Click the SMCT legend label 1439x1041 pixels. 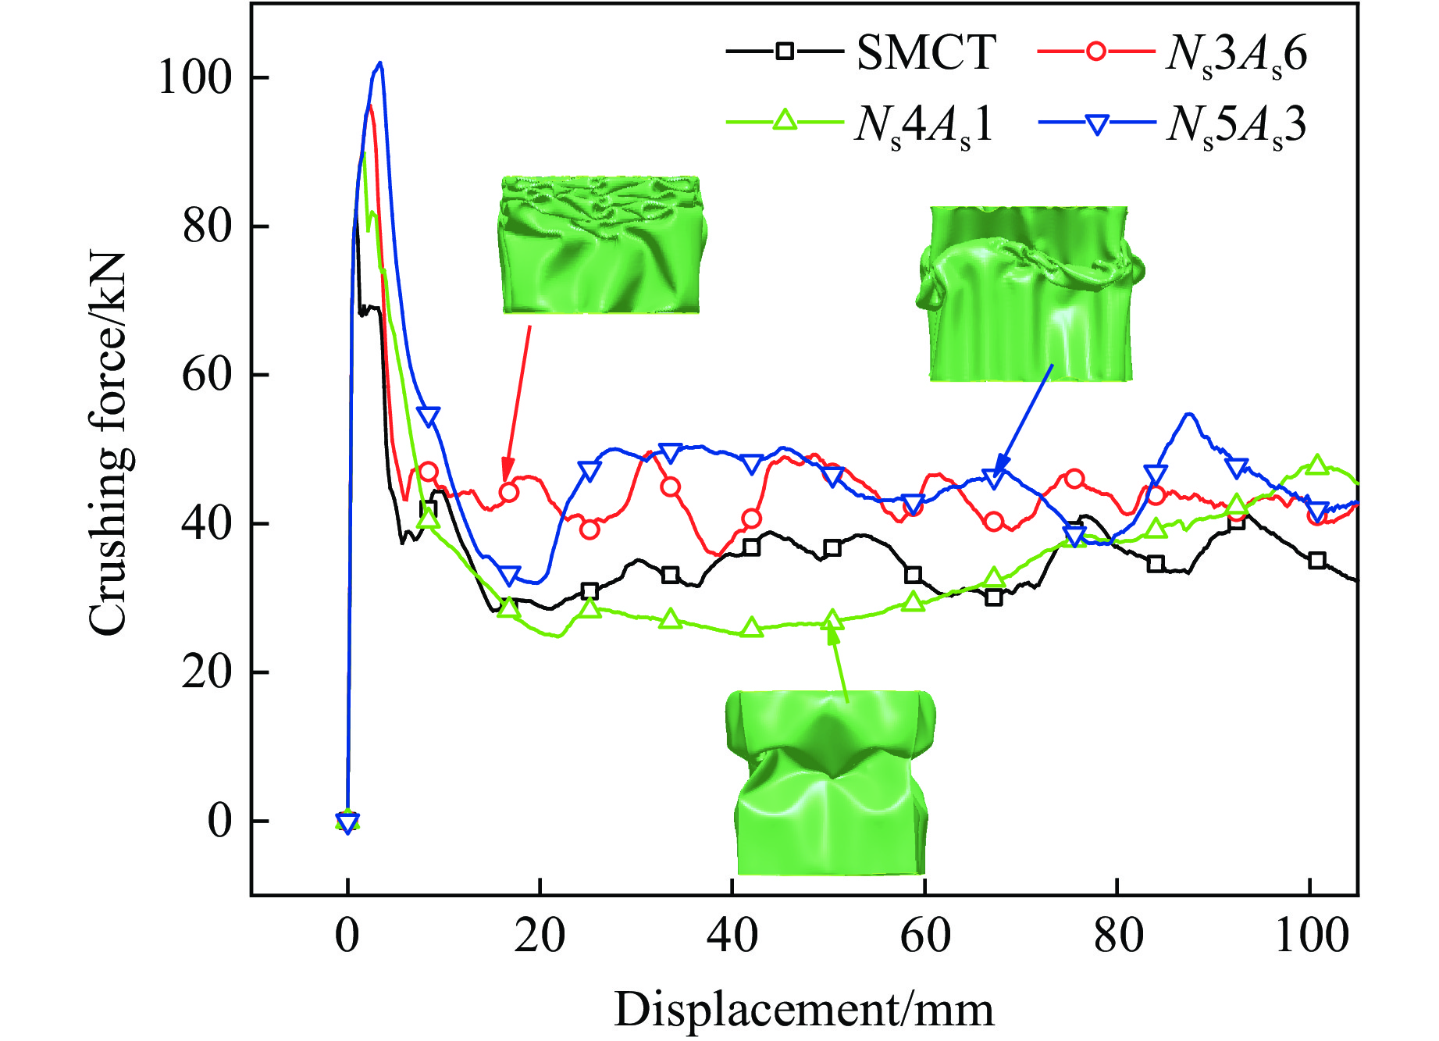point(926,53)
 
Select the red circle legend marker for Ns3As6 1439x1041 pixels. point(1096,52)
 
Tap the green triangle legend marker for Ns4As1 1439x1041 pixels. point(785,121)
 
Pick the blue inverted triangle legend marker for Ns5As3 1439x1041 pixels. point(1097,123)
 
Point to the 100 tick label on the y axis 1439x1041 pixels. point(195,78)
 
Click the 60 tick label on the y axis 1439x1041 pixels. point(207,375)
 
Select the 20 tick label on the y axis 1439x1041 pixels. point(207,672)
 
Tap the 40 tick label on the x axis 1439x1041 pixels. point(732,935)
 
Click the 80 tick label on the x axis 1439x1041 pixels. point(1117,935)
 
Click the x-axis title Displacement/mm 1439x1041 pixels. point(803,1009)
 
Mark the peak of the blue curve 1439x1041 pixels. point(379,63)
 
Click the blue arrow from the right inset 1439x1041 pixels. point(1024,419)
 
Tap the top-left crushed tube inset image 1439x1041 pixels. point(600,245)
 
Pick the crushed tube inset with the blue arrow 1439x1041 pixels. point(1030,294)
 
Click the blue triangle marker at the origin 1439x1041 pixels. point(347,822)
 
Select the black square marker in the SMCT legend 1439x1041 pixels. point(785,52)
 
